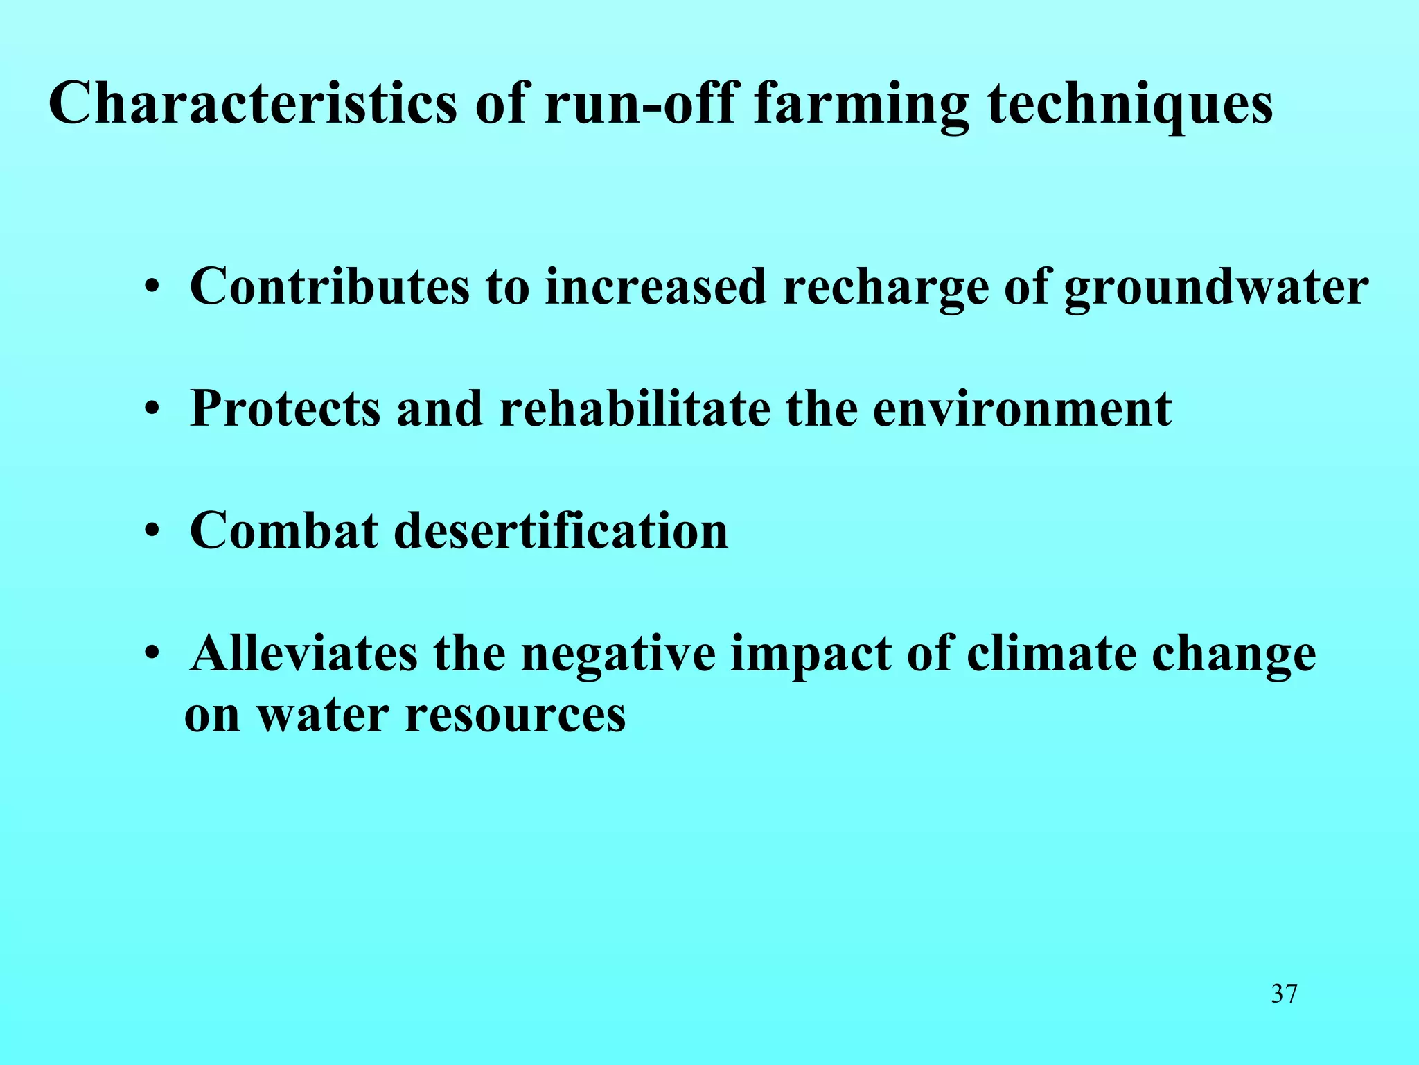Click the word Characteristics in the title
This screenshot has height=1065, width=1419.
click(253, 104)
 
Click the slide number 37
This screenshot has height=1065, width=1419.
click(1284, 994)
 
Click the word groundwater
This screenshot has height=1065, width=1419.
click(1216, 288)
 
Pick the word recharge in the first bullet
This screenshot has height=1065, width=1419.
click(885, 288)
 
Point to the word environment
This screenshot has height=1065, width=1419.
click(1022, 409)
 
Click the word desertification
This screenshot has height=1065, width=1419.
click(561, 530)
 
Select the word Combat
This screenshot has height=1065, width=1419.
click(284, 530)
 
